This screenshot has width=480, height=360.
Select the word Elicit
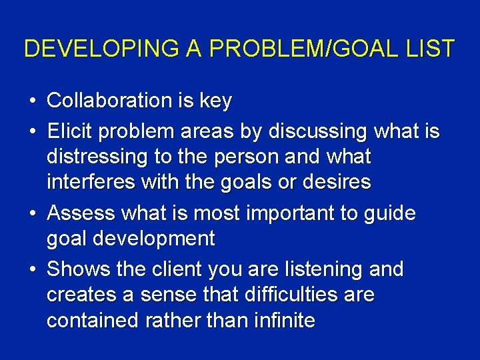point(70,131)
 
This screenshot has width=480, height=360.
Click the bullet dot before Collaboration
point(32,101)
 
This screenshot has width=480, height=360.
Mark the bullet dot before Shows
point(32,270)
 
